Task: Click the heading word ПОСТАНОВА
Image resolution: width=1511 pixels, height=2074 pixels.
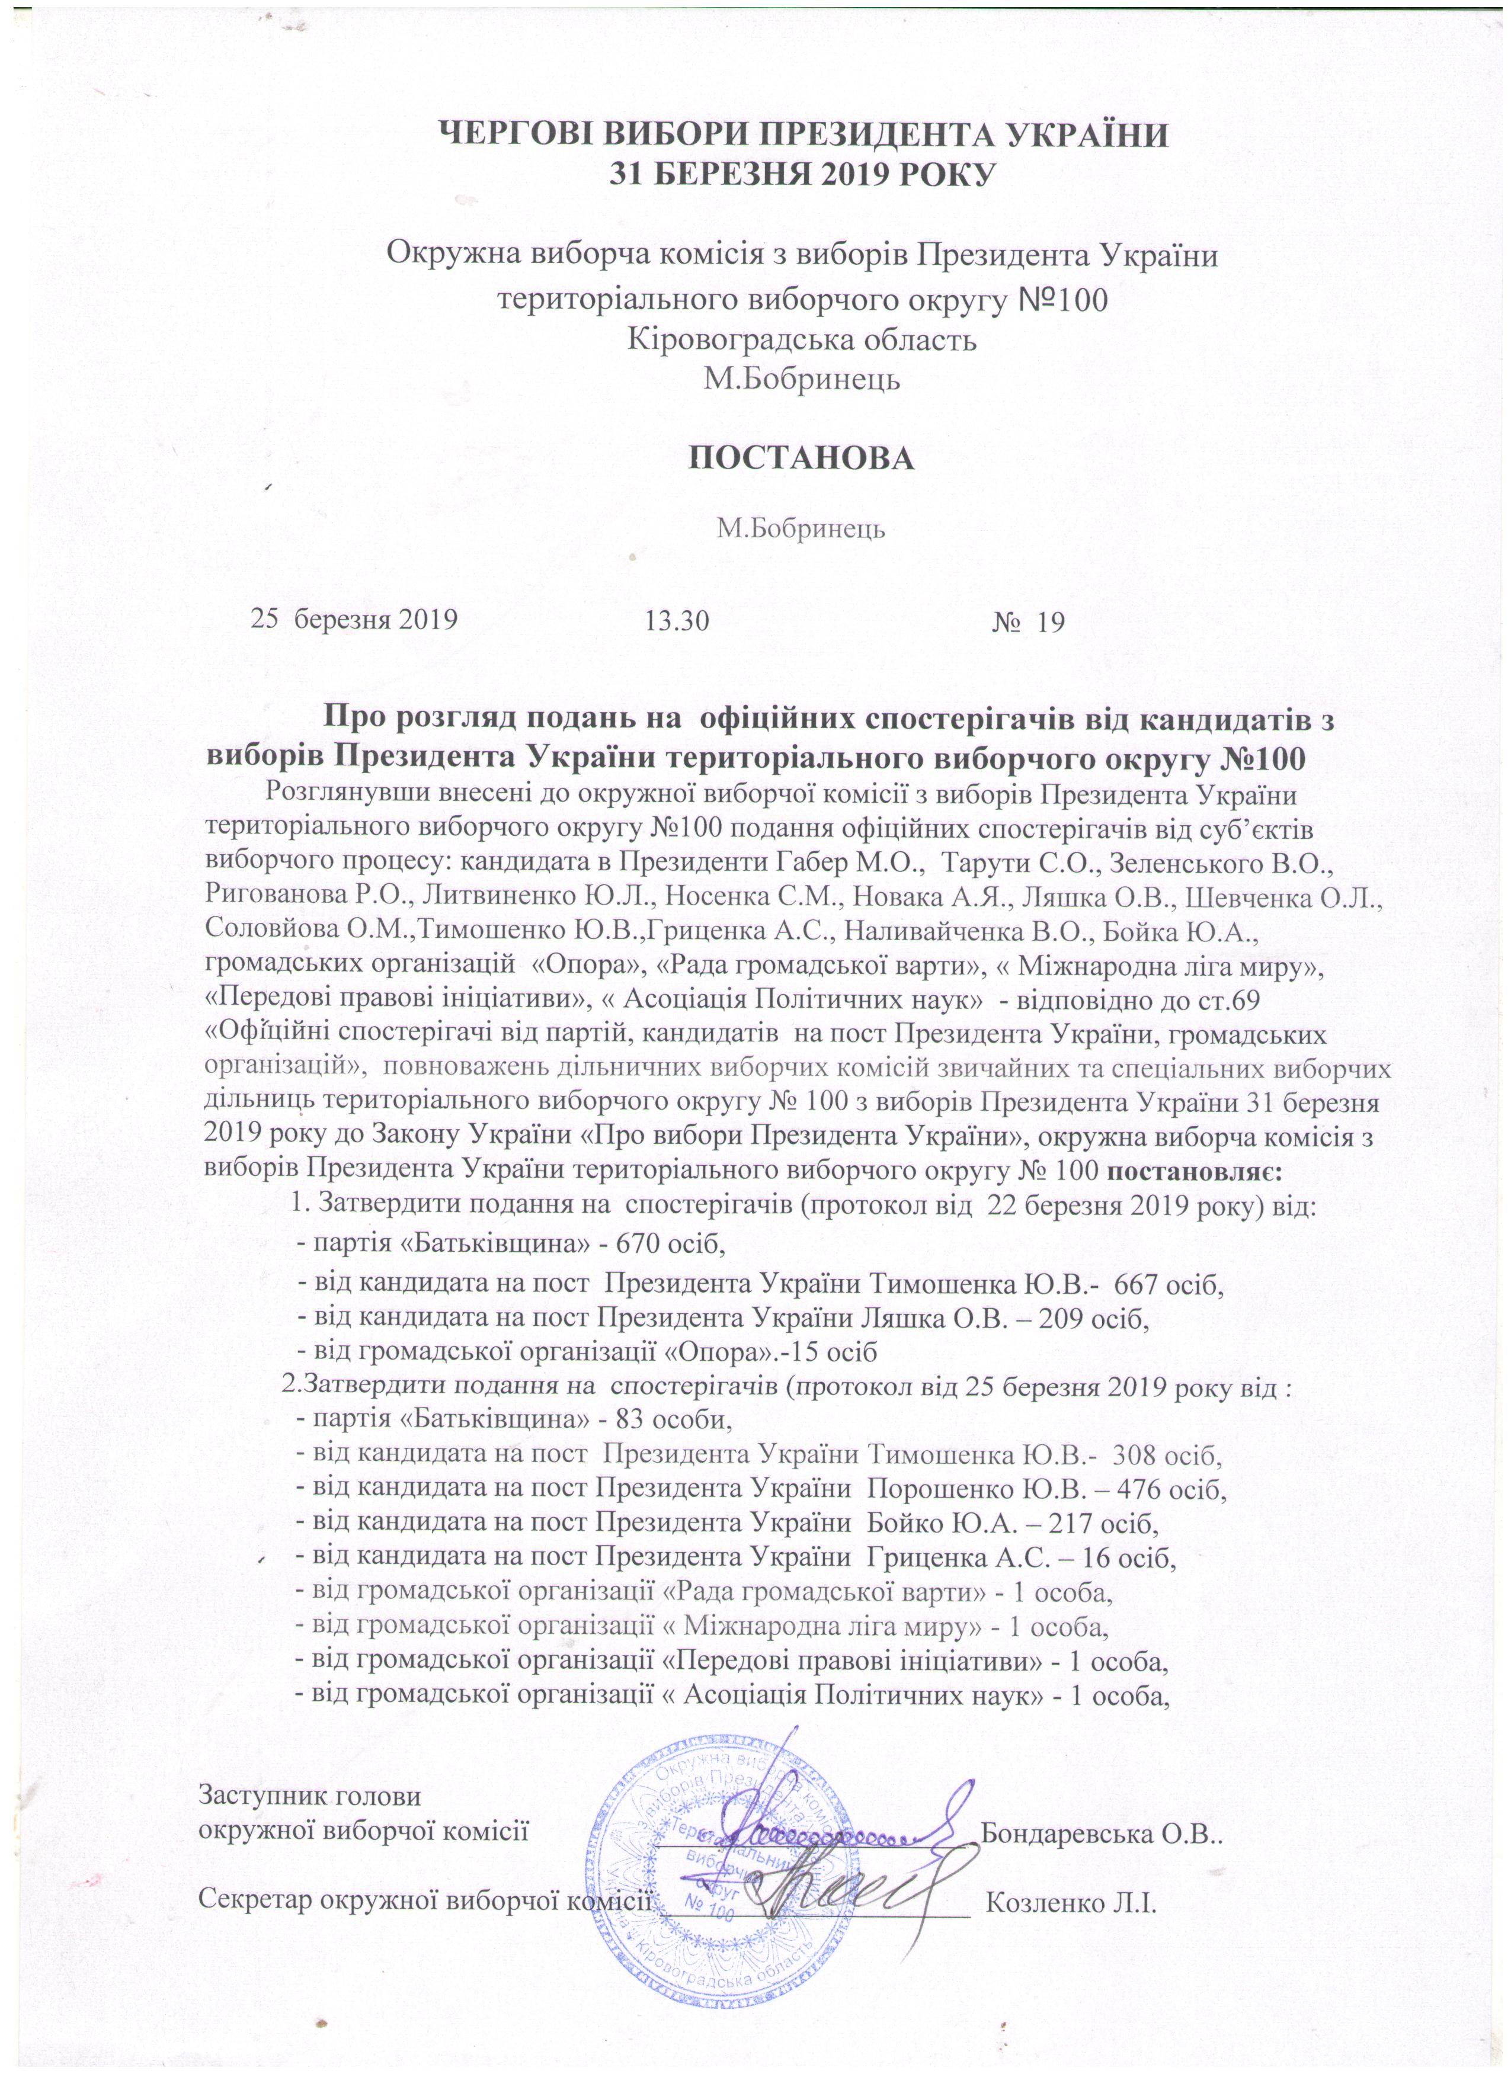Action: [x=801, y=458]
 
